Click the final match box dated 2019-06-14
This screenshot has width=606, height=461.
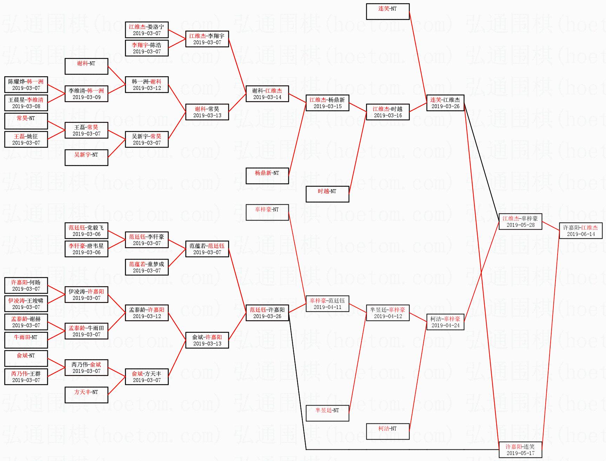(x=580, y=231)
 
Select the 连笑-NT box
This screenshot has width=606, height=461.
(x=387, y=12)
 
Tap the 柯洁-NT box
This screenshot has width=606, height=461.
(x=387, y=432)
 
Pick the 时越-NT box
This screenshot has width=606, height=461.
(x=327, y=194)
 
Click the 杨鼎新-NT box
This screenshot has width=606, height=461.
(x=267, y=176)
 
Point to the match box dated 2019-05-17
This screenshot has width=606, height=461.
(x=520, y=450)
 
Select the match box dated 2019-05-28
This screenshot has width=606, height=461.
(x=520, y=222)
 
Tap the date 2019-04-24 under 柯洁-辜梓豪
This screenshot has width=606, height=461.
(x=445, y=325)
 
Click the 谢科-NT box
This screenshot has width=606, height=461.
(x=86, y=66)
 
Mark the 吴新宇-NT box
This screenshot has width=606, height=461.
(x=86, y=158)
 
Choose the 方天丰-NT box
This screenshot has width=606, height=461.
(x=86, y=395)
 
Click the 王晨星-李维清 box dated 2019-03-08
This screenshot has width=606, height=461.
(x=26, y=103)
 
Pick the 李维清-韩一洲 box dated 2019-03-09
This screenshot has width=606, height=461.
(x=86, y=94)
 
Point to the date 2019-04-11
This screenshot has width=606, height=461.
(x=327, y=307)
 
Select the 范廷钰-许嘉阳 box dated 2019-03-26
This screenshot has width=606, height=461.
(x=267, y=313)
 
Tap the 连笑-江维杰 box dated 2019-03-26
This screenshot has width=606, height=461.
(x=445, y=103)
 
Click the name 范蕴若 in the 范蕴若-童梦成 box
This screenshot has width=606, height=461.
(x=137, y=264)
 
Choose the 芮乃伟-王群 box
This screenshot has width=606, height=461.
(x=26, y=377)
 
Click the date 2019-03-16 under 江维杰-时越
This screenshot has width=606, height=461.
(x=388, y=116)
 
